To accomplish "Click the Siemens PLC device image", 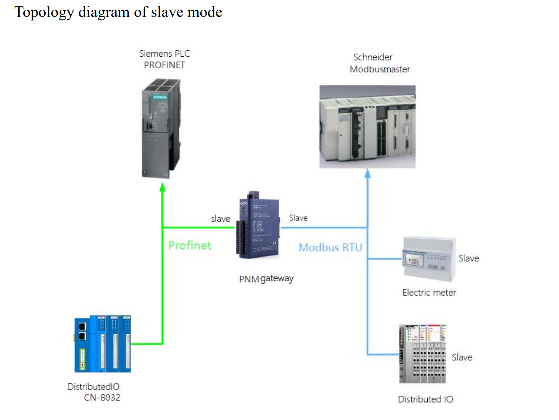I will (x=161, y=128).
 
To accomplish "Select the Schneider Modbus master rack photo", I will (x=367, y=127).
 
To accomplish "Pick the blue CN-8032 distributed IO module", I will (x=103, y=344).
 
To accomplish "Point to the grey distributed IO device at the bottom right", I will (x=422, y=354).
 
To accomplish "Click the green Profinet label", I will (x=189, y=245).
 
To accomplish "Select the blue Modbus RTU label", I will (x=330, y=248).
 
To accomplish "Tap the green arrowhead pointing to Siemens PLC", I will (x=163, y=187).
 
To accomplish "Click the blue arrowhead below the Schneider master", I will (x=367, y=173).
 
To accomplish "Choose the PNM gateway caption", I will (x=266, y=279).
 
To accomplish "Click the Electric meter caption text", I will (x=429, y=293).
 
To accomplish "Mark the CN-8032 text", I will (x=102, y=398).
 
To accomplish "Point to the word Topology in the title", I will (x=44, y=12).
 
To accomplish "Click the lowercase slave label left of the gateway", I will (x=220, y=219).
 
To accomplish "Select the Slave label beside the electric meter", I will (x=469, y=259).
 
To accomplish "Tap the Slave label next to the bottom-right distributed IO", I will (x=462, y=357).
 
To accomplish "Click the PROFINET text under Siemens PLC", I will (x=164, y=65).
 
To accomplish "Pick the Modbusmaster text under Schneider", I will (x=380, y=69).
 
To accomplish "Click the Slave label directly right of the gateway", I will (x=298, y=218).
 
